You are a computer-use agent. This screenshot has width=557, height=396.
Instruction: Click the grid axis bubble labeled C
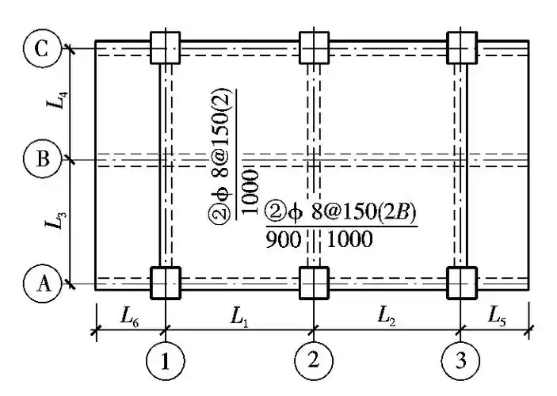click(x=41, y=50)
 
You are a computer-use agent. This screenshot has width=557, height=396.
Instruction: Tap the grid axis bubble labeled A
click(x=41, y=282)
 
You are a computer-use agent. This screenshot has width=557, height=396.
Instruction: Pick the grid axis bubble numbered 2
click(x=314, y=361)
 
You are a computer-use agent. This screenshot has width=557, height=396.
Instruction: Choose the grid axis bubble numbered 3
click(x=461, y=361)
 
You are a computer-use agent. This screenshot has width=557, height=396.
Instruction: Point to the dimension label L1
click(x=238, y=315)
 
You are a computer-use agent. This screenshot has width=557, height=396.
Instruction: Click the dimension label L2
click(x=387, y=315)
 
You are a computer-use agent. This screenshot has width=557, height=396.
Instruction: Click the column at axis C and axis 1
click(x=165, y=48)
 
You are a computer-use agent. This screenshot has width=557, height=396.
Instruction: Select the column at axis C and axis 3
click(x=462, y=48)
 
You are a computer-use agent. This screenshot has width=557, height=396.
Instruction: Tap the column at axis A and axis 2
click(x=314, y=281)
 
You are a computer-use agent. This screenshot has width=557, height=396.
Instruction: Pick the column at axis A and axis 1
click(x=165, y=281)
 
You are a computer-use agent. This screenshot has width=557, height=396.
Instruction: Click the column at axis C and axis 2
click(x=314, y=48)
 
